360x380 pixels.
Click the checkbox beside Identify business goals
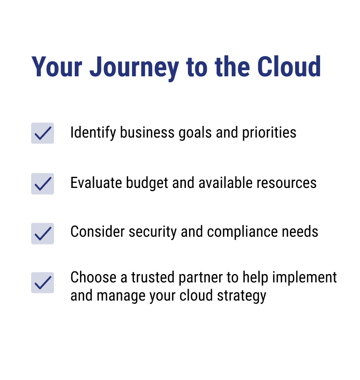[43, 133]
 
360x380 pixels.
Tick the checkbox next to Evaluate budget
[43, 184]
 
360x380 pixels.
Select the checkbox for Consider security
[43, 234]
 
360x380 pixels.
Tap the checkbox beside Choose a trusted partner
[43, 282]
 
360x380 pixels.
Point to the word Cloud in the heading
[289, 66]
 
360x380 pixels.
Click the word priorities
[269, 133]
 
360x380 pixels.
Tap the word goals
[195, 133]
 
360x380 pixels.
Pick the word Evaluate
[96, 183]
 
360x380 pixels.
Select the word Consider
[98, 232]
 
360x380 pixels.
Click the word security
[153, 233]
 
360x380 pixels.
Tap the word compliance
[243, 233]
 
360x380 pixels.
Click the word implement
[304, 278]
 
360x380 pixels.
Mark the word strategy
[242, 296]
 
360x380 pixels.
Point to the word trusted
[153, 277]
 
